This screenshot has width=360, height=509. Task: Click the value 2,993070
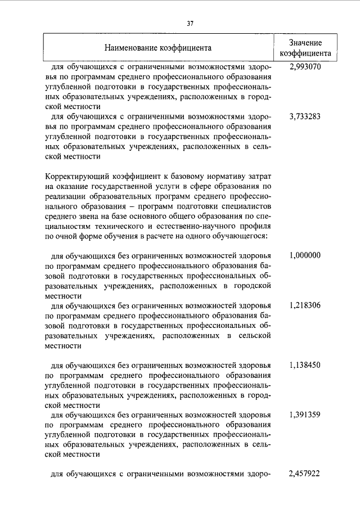(x=305, y=66)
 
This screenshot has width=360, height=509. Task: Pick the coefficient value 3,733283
(x=305, y=117)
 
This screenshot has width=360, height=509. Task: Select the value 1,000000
(x=305, y=255)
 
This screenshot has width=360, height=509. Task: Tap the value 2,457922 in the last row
(x=305, y=474)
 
